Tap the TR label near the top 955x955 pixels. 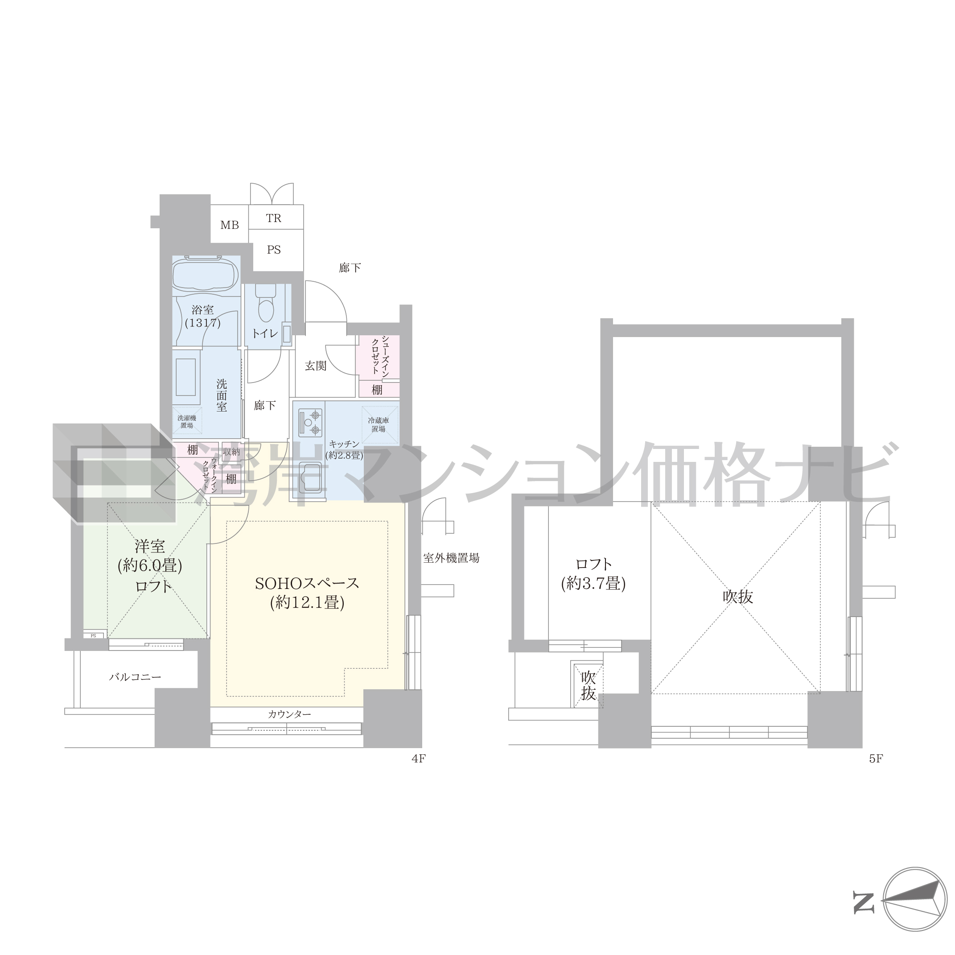pyautogui.click(x=273, y=218)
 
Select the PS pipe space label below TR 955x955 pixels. pyautogui.click(x=273, y=250)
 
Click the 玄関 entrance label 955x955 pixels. pyautogui.click(x=315, y=366)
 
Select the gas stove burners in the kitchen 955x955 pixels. pyautogui.click(x=309, y=421)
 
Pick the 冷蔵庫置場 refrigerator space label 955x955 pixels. pyautogui.click(x=379, y=424)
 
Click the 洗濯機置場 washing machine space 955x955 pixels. pyautogui.click(x=186, y=421)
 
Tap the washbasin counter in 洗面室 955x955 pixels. pyautogui.click(x=186, y=377)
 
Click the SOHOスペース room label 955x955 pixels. pyautogui.click(x=306, y=593)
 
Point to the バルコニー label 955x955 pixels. pyautogui.click(x=135, y=677)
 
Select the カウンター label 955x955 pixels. pyautogui.click(x=289, y=714)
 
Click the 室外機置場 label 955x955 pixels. pyautogui.click(x=451, y=558)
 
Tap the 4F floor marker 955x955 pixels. pyautogui.click(x=418, y=759)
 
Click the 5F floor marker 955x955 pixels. pyautogui.click(x=876, y=759)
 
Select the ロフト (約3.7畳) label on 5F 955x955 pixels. pyautogui.click(x=593, y=574)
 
